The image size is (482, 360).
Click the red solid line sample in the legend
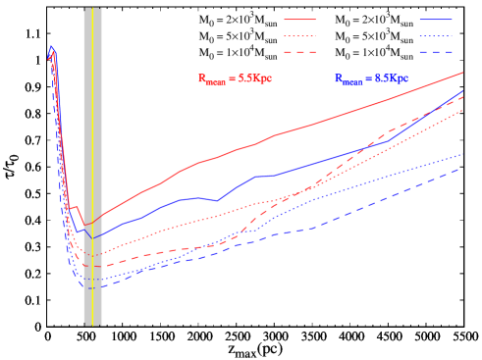click(x=299, y=20)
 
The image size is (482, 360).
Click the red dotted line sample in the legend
click(x=299, y=35)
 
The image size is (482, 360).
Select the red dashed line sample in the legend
click(x=299, y=52)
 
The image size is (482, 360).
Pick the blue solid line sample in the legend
click(x=436, y=20)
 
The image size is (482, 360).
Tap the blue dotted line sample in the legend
click(x=436, y=35)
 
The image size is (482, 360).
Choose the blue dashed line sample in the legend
click(x=436, y=52)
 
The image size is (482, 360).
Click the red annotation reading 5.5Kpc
click(x=235, y=78)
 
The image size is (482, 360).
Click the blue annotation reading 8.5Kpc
click(x=371, y=78)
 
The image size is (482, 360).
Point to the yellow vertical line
click(x=92, y=167)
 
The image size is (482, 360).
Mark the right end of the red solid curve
click(x=462, y=73)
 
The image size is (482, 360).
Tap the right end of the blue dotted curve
click(x=462, y=154)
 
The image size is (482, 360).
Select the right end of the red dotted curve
click(x=462, y=110)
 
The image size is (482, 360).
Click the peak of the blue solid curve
click(x=51, y=46)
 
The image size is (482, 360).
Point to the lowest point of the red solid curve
click(x=85, y=226)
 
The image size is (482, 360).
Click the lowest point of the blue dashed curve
click(x=91, y=288)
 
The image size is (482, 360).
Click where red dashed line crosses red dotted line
click(x=307, y=188)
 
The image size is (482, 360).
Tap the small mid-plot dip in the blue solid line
click(x=217, y=200)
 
